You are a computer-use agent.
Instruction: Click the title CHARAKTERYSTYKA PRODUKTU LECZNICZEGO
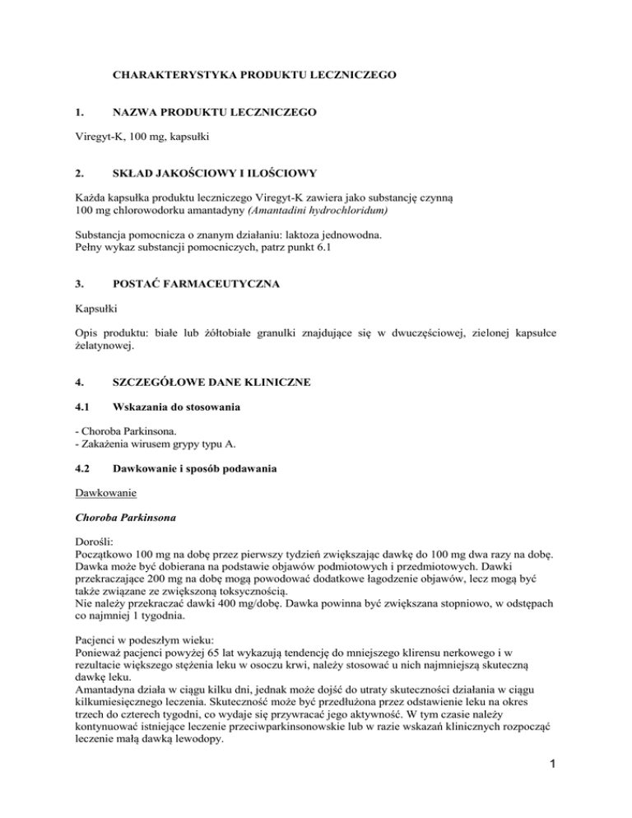[254, 75]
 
